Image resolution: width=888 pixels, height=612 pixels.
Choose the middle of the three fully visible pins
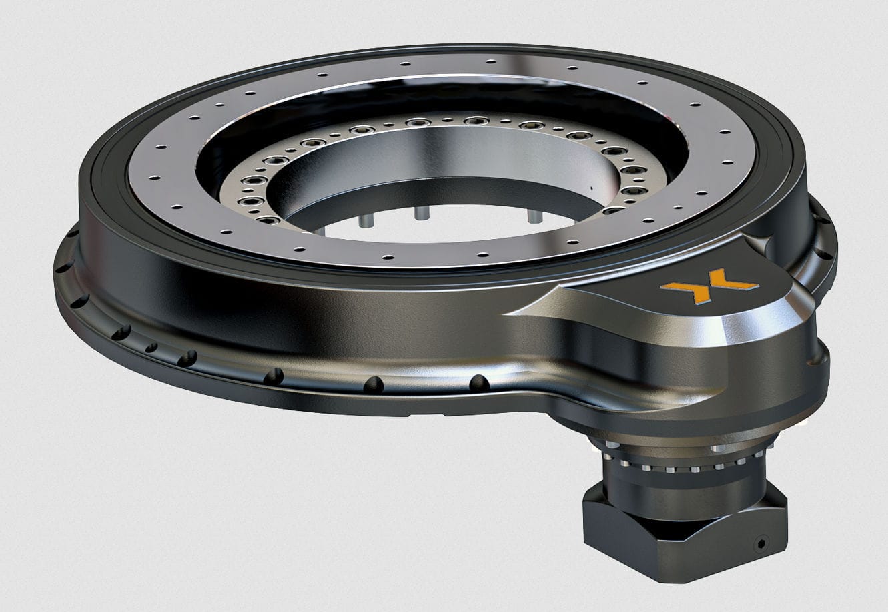point(421,212)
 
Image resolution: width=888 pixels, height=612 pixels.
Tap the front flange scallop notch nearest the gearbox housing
point(479,383)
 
